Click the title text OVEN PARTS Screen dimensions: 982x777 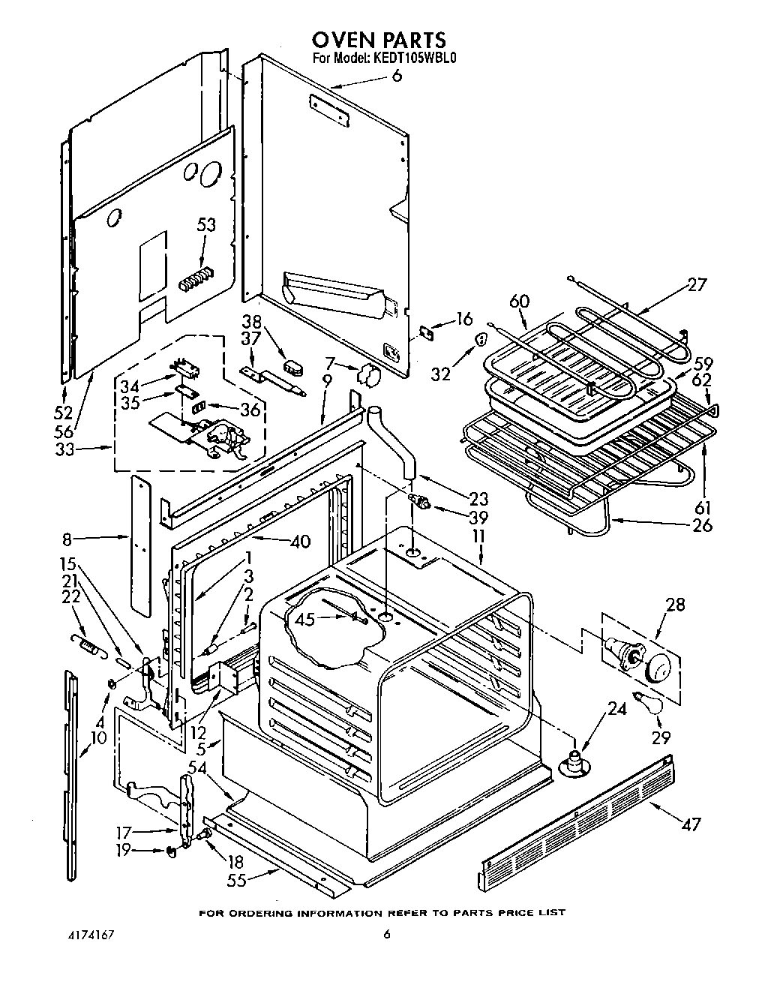379,39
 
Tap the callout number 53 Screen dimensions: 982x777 205,225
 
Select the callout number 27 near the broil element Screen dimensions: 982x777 697,285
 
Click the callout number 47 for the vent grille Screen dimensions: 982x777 690,824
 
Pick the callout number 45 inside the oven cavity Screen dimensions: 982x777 304,619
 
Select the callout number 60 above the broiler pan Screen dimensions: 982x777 519,302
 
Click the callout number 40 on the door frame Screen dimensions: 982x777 299,541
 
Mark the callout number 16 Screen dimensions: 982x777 464,320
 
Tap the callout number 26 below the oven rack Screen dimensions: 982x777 702,524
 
